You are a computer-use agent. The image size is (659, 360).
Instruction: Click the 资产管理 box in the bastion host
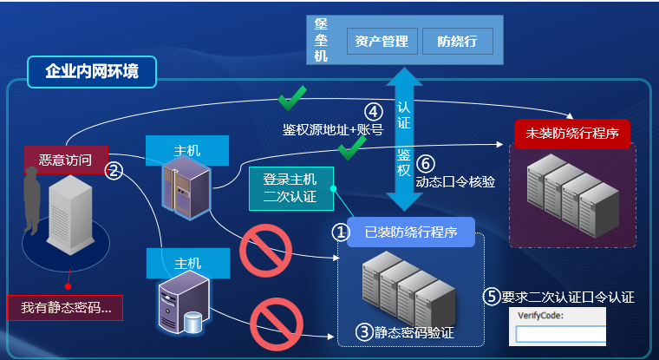382,40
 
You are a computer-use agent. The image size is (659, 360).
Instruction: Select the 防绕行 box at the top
457,40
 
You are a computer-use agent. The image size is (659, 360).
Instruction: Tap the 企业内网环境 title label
91,72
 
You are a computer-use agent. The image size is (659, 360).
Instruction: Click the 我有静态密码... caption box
65,307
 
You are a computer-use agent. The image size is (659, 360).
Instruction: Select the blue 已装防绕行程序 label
410,232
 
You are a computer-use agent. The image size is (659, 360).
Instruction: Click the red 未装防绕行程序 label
572,134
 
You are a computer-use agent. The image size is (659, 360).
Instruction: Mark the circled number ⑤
492,297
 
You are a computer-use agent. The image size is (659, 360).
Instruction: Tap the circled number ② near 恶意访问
112,171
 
